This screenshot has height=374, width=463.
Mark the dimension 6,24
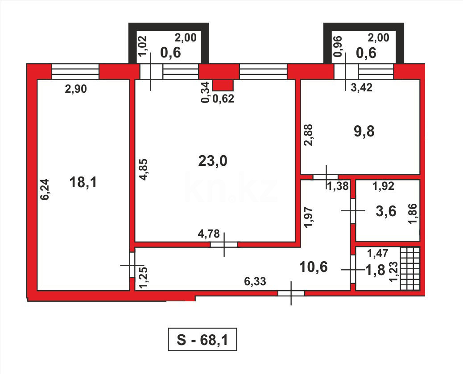point(45,189)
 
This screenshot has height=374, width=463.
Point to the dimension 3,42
point(362,88)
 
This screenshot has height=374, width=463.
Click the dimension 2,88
point(307,135)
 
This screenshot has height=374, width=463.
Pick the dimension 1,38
point(338,187)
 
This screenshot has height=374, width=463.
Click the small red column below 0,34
point(223,85)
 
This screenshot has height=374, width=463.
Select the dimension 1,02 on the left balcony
point(142,46)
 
